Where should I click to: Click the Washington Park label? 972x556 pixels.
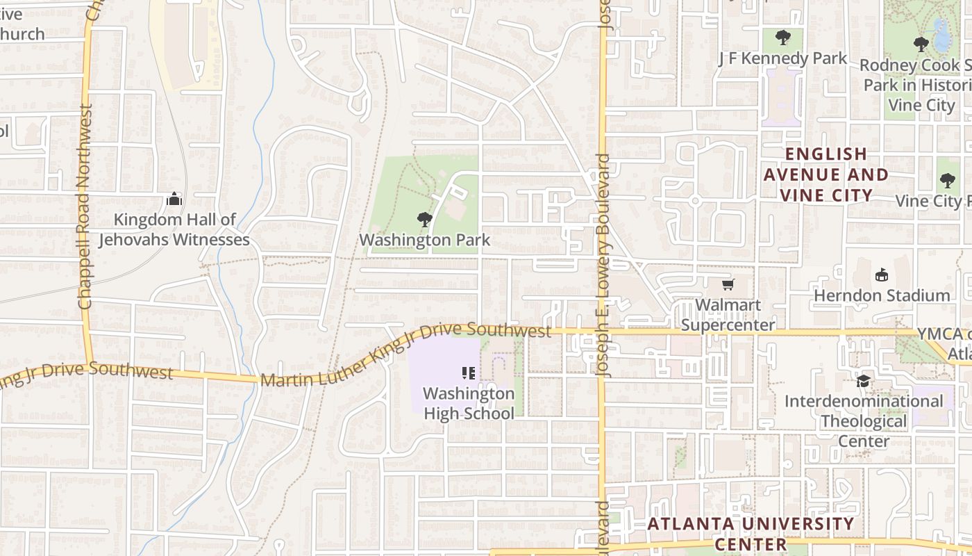coord(424,240)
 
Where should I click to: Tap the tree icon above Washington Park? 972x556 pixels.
coord(424,220)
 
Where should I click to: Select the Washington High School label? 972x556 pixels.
coord(469,403)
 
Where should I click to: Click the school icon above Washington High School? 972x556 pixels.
coord(468,374)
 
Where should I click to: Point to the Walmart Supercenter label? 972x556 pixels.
coord(728,315)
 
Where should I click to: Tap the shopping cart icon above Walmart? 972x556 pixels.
coord(728,284)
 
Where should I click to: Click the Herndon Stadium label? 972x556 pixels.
coord(882,295)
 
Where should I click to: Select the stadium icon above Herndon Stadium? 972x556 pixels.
coord(882,275)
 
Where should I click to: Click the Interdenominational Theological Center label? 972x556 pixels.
coord(864,421)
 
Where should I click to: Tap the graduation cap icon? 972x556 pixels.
coord(863,381)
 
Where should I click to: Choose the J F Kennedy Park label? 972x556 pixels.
coord(782,58)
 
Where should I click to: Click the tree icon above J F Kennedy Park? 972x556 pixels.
coord(782,37)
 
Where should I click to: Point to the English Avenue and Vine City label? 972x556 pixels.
coord(826,174)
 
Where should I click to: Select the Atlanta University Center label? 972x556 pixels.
coord(751,533)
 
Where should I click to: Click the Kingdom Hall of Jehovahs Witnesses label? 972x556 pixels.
coord(174,230)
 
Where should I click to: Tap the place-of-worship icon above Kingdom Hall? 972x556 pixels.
coord(174,200)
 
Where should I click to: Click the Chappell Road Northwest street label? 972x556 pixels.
coord(85,206)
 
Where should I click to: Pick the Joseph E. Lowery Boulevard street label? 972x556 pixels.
coord(603,264)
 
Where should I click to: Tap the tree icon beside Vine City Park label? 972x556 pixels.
coord(947,181)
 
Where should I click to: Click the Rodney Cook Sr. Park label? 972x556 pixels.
coord(916,85)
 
